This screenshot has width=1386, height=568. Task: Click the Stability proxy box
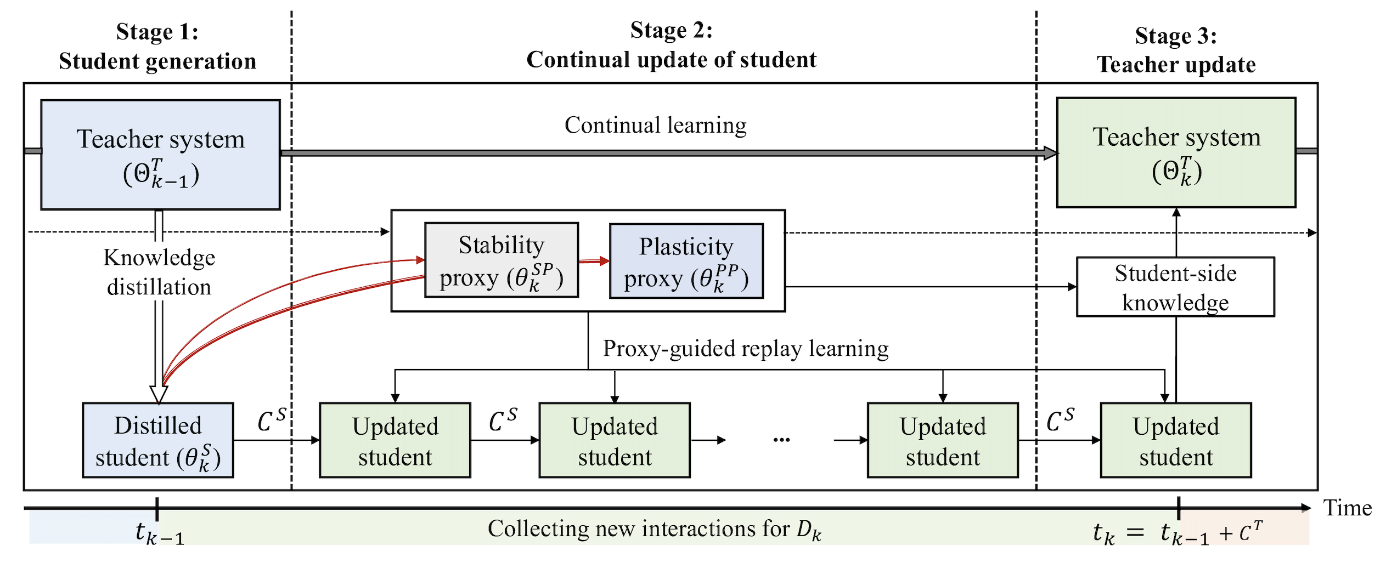pos(501,260)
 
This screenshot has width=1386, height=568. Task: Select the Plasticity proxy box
pos(686,262)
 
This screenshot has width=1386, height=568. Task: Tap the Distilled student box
pos(158,440)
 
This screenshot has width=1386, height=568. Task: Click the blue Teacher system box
pos(160,155)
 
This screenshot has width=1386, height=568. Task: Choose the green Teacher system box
pos(1176,153)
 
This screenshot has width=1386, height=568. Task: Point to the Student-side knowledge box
pos(1175,287)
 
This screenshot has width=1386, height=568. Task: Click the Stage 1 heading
pos(157,32)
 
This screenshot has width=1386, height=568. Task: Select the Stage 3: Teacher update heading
pos(1176,50)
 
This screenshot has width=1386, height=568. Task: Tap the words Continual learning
pos(655,126)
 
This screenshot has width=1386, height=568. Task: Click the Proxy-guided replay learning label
pos(745,349)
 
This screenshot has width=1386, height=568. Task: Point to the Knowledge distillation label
pos(159,272)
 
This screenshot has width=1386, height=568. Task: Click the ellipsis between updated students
pos(781,440)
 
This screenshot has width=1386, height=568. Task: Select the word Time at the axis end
pos(1347,508)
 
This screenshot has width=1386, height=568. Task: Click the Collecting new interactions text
pos(654,530)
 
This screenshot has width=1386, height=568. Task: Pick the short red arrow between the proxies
pos(594,261)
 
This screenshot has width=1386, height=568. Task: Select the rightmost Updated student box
pos(1175,440)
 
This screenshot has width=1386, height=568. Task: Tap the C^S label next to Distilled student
pos(272,420)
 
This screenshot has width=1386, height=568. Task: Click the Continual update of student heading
pos(671,60)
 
